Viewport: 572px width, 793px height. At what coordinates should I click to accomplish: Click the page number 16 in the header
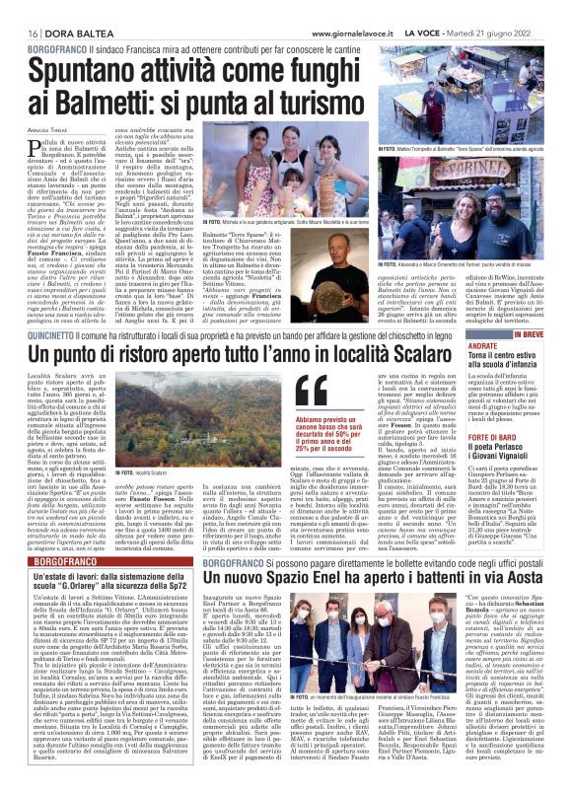click(20, 9)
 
